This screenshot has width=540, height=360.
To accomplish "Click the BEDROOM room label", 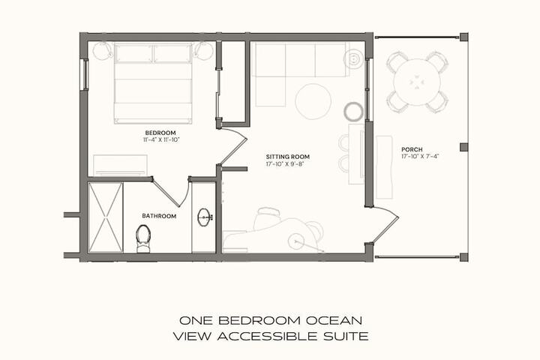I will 161,133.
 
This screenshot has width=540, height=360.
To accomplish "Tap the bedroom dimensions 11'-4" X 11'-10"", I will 161,139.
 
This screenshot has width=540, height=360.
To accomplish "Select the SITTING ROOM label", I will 287,157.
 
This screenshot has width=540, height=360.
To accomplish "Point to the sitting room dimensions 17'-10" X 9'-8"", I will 287,163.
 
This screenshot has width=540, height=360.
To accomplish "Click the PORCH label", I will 411,149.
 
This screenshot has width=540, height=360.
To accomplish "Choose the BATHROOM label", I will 159,216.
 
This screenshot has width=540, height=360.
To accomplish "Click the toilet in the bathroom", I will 143,238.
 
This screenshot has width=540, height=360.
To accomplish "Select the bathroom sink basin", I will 205,217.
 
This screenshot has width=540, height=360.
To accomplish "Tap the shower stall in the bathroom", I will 105,217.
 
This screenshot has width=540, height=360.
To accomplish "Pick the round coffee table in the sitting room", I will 313,101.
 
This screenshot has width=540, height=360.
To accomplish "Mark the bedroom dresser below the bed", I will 120,164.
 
